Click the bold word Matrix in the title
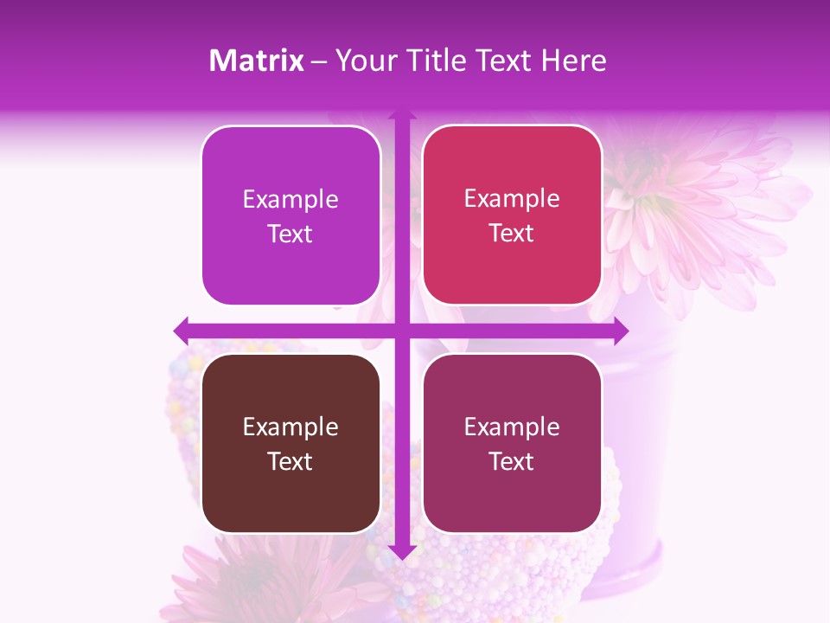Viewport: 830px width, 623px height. point(256,61)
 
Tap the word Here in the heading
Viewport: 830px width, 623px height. point(573,61)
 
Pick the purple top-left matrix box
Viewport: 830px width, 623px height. point(290,215)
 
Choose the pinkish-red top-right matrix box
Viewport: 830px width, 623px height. point(512,215)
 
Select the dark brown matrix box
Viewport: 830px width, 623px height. point(290,443)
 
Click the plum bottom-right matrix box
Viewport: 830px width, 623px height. point(512,443)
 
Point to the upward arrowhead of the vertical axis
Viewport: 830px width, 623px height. point(401,115)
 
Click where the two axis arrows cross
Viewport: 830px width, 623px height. point(401,331)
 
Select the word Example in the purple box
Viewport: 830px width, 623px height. point(290,199)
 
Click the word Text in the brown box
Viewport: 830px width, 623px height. point(290,461)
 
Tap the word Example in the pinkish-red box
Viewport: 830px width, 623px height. point(512,198)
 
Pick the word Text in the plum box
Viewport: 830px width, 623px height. point(512,461)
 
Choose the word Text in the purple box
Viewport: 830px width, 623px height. point(290,234)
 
